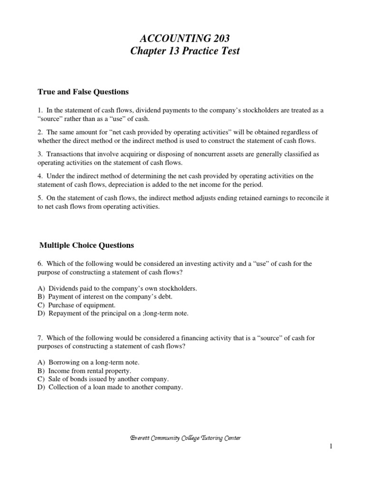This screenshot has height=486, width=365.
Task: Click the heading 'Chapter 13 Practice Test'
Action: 185,51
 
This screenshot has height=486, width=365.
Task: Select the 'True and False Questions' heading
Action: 84,92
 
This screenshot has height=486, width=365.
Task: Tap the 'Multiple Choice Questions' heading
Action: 86,245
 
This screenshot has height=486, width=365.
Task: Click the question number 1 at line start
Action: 39,110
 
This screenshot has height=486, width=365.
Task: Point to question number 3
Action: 39,154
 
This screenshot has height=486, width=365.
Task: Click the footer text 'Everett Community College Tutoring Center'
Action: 185,438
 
